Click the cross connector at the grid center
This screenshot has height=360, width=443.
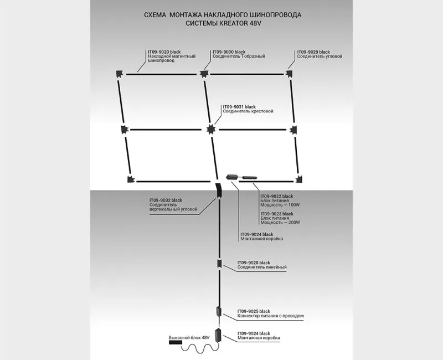coord(210,130)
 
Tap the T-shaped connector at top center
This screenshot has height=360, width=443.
coord(204,73)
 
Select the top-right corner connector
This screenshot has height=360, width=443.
coord(289,73)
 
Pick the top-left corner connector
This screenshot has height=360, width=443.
coord(119,73)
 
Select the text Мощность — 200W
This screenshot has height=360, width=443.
coord(282,223)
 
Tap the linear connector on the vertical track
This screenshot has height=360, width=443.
coord(219,264)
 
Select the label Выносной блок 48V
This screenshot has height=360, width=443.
coord(190,337)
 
